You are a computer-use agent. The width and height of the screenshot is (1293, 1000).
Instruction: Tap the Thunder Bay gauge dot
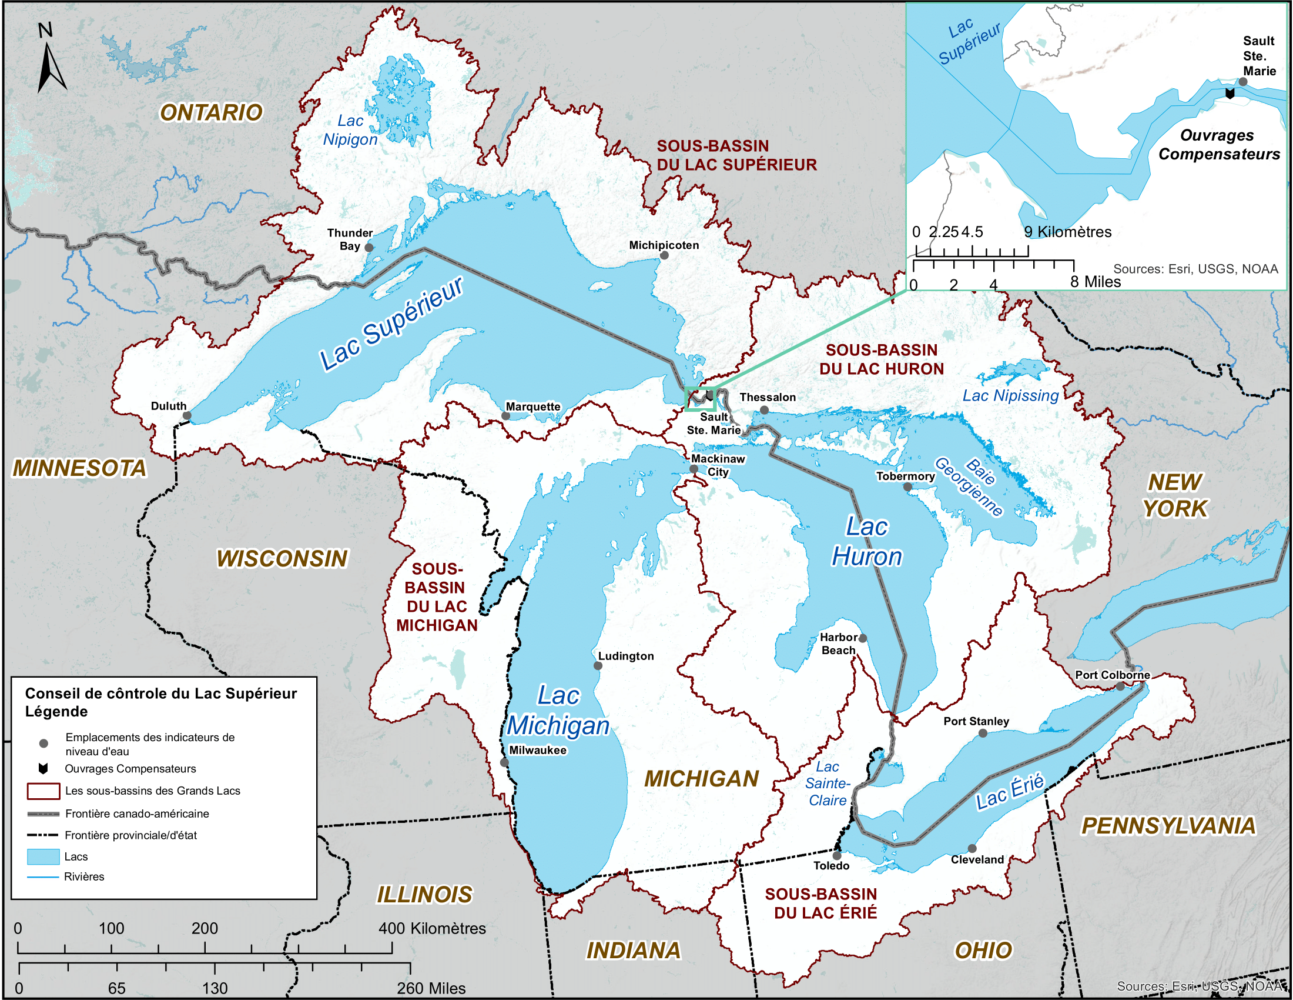(x=369, y=247)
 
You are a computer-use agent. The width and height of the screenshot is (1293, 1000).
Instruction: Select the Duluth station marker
(x=187, y=415)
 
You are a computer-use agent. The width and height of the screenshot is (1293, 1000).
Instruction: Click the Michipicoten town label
(x=664, y=245)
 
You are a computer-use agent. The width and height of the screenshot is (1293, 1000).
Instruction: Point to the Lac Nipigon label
(x=350, y=130)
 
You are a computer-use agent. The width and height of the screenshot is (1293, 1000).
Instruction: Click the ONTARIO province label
(x=212, y=112)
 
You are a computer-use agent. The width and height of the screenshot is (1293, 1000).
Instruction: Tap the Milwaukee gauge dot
(x=504, y=762)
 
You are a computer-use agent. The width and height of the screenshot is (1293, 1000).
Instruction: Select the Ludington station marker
(x=598, y=666)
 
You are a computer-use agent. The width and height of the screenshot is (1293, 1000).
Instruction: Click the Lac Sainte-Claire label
(x=827, y=783)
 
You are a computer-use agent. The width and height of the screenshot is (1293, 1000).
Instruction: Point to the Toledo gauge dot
(x=836, y=855)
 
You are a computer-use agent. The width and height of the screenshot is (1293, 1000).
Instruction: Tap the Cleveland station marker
(x=972, y=848)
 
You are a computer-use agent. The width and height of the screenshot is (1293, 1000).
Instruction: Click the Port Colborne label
(x=1113, y=675)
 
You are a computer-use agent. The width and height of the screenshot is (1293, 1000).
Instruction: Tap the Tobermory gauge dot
(x=907, y=487)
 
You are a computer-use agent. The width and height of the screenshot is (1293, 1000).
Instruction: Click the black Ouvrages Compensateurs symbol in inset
(x=1230, y=94)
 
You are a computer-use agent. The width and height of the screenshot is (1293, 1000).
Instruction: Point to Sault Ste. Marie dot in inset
(x=1243, y=82)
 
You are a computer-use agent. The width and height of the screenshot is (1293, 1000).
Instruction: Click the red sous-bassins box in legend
(x=43, y=790)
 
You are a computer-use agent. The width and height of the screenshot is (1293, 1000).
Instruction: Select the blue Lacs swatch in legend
(x=43, y=856)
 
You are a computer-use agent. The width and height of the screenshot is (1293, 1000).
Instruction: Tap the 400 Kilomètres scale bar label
(x=432, y=928)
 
